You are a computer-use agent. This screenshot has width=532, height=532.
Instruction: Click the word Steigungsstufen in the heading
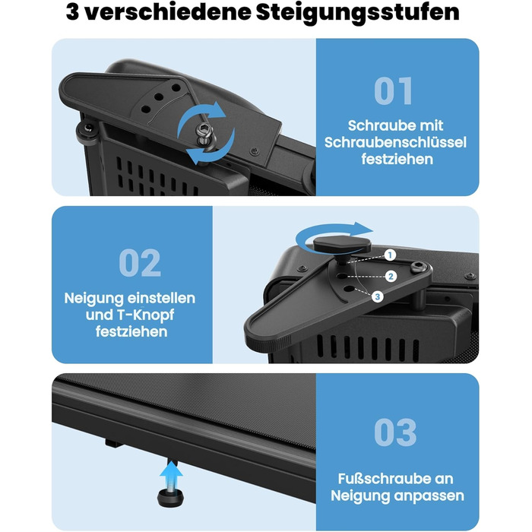(358, 13)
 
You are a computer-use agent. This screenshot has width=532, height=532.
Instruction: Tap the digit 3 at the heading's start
(73, 12)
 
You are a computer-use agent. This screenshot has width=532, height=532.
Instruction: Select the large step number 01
(394, 91)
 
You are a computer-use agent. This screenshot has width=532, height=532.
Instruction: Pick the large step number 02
(140, 263)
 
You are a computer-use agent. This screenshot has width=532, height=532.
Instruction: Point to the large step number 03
(396, 432)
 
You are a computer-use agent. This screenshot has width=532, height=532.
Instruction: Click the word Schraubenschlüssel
(396, 143)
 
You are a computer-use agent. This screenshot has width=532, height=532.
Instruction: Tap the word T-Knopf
(145, 315)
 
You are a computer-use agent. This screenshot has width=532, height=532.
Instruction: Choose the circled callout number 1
(390, 255)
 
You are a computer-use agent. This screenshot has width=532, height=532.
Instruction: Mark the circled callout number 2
(391, 277)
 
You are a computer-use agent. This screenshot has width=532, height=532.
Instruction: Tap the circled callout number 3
(377, 297)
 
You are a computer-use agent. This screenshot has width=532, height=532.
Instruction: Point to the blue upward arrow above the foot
(171, 475)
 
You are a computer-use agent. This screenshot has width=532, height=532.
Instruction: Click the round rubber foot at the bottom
(170, 497)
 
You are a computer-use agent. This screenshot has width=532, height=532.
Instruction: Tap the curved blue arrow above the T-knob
(334, 235)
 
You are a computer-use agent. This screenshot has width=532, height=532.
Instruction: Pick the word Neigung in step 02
(85, 298)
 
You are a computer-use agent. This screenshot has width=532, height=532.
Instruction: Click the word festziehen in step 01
(397, 159)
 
